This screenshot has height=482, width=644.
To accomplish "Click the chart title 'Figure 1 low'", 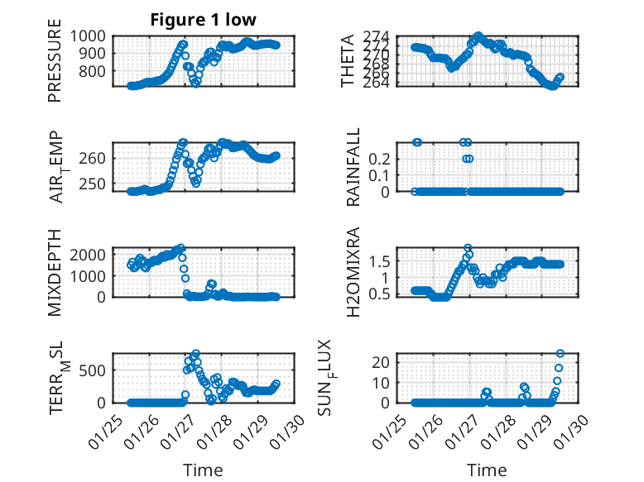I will click(x=204, y=20).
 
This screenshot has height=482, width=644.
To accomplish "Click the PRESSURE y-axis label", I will click(x=55, y=66).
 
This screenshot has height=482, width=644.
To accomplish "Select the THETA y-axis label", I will click(x=348, y=60).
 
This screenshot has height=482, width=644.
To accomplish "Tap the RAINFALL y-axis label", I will click(x=353, y=167).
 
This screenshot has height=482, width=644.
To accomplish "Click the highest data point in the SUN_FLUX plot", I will click(x=560, y=354).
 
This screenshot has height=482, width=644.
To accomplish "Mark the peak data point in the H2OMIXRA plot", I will click(x=469, y=248).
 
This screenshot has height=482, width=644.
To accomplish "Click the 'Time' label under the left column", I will click(x=203, y=470).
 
